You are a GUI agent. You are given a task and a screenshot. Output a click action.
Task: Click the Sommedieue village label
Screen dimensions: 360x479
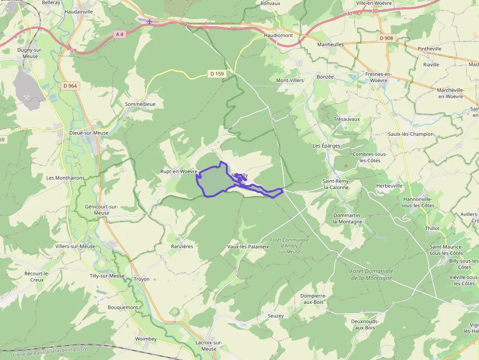[x=140, y=104]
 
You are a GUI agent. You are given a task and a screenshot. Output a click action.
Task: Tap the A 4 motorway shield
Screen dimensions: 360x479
[x=119, y=34]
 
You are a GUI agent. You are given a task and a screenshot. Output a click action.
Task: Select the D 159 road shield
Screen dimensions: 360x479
[x=217, y=74]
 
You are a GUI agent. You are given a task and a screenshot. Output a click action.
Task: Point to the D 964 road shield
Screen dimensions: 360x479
[x=70, y=85]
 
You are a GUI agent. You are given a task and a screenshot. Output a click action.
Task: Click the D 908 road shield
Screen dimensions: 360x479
[x=386, y=38]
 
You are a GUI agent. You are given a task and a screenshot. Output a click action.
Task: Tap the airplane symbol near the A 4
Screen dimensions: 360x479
[x=149, y=21]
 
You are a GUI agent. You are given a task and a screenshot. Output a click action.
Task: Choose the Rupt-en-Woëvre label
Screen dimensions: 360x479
[x=178, y=171]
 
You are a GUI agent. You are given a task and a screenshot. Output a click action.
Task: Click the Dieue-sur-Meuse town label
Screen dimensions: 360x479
[x=75, y=133]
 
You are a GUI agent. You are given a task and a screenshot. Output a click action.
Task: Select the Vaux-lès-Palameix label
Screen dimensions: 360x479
[x=248, y=247]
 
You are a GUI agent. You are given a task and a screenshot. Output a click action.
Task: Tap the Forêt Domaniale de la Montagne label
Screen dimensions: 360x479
[x=371, y=275]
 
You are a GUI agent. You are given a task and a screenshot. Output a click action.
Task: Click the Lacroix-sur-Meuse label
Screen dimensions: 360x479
[x=209, y=345]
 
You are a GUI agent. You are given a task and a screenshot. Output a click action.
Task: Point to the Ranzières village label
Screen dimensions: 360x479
[x=182, y=246]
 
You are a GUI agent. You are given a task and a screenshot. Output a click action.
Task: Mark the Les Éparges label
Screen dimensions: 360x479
[x=327, y=146]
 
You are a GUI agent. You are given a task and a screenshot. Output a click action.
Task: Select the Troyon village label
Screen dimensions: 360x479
[x=142, y=279]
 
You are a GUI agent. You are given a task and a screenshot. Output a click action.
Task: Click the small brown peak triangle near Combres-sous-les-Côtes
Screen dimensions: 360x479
[x=346, y=166]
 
